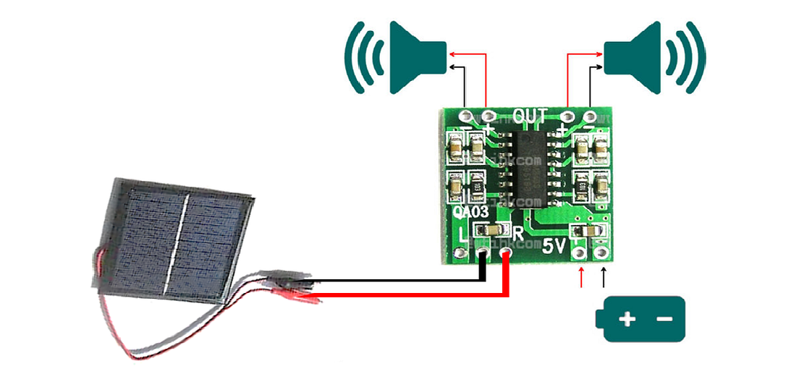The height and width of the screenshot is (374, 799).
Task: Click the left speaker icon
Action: (x=415, y=57)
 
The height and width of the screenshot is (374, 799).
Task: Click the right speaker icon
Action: (x=630, y=57)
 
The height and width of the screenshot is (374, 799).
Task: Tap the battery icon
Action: (x=639, y=319)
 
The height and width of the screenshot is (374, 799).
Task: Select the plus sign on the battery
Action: (x=627, y=319)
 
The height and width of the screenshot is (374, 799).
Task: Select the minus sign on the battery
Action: (x=665, y=319)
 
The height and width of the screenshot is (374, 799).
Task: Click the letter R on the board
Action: (x=518, y=233)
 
